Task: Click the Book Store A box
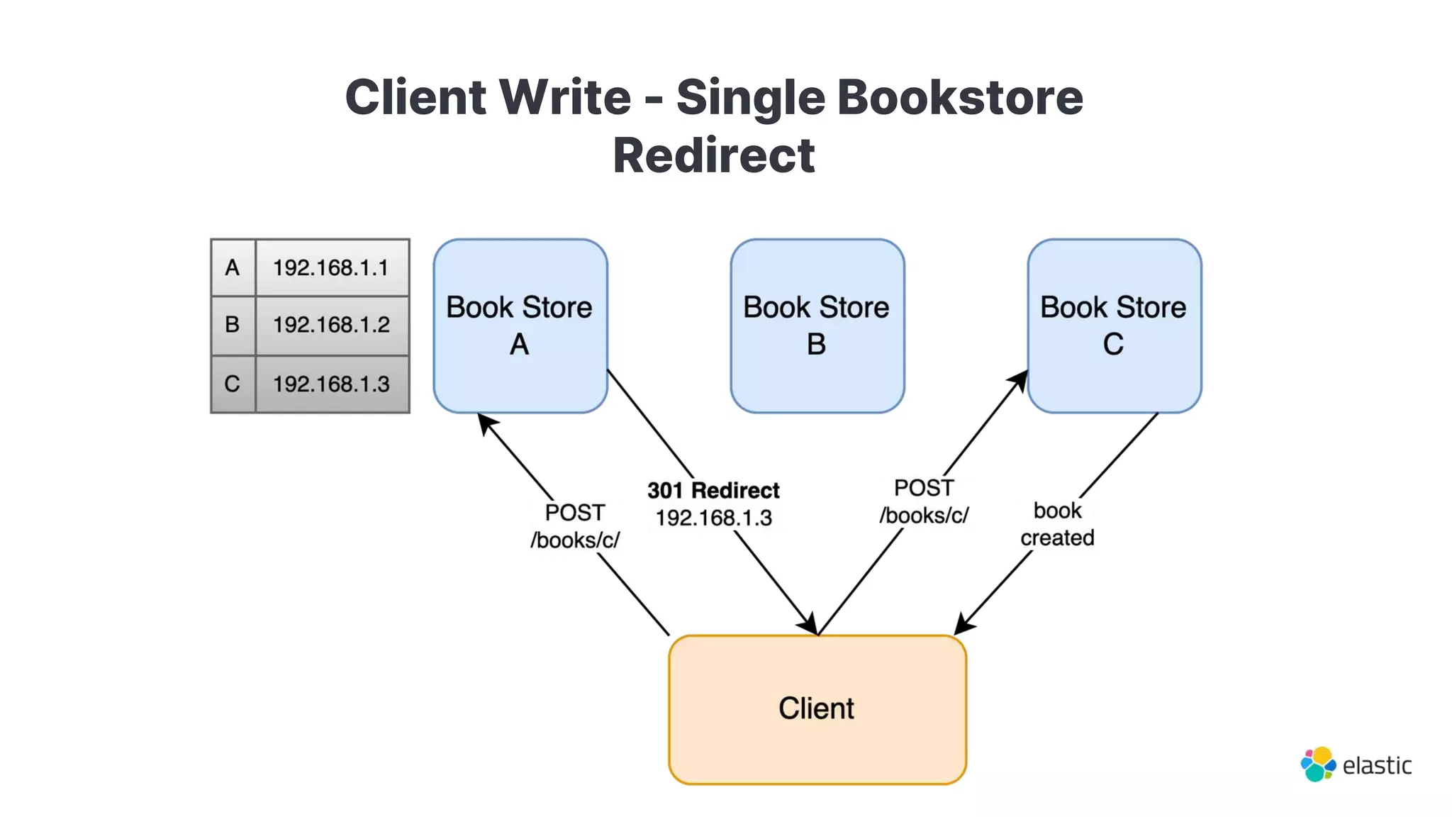tap(520, 326)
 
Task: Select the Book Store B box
tap(817, 326)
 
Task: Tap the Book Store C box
tap(1114, 326)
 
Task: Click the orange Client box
tap(817, 708)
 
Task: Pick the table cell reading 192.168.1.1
tap(332, 268)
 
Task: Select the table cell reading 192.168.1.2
tap(332, 325)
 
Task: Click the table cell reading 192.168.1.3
tap(332, 384)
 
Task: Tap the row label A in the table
tap(233, 268)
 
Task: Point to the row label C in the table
tap(233, 384)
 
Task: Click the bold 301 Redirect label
tap(713, 490)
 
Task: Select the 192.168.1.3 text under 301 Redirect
tap(713, 518)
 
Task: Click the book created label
tap(1057, 524)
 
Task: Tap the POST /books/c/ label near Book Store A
tap(575, 526)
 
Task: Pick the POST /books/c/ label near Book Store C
tap(924, 501)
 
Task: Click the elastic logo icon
tap(1318, 765)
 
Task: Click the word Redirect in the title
tap(714, 155)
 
